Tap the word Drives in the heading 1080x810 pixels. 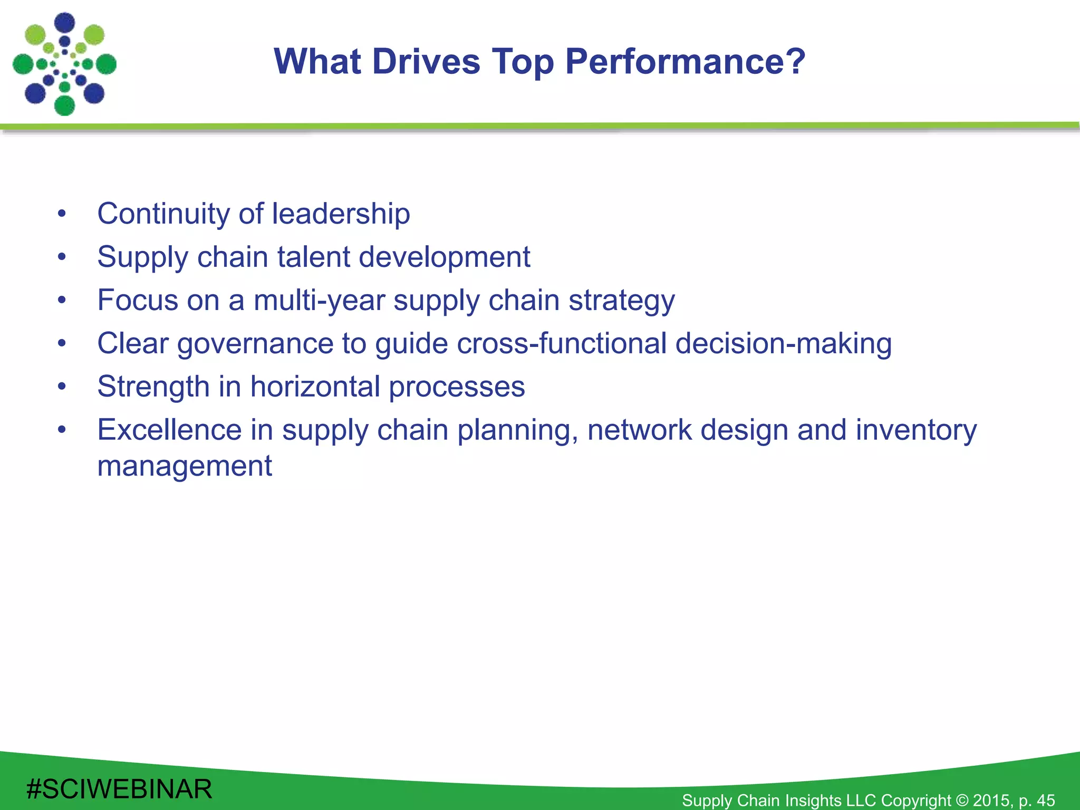(x=426, y=62)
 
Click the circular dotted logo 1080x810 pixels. (x=64, y=64)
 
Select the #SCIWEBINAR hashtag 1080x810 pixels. (x=119, y=789)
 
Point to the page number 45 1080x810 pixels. (x=1045, y=800)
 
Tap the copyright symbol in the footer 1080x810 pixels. (x=962, y=800)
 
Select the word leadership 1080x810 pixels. (x=341, y=214)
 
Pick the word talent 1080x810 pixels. (x=314, y=257)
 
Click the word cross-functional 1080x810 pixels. (x=562, y=343)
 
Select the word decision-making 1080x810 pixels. (x=784, y=343)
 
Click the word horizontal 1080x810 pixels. (x=315, y=387)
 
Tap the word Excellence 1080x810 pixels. (x=169, y=430)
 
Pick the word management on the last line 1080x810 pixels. (x=185, y=466)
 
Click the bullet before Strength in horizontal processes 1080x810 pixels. (x=62, y=387)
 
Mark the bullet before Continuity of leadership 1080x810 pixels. (x=62, y=214)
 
